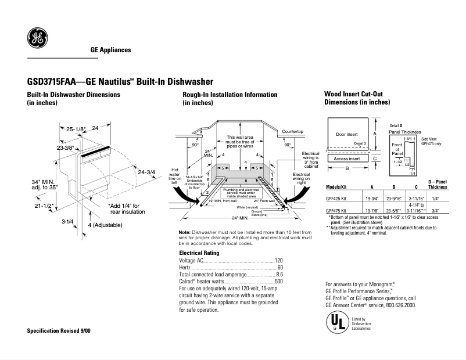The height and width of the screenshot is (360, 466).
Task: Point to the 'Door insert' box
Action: [x=347, y=135]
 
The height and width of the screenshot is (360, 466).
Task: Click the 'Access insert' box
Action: [x=347, y=158]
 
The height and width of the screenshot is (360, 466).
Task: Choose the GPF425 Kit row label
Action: [x=338, y=198]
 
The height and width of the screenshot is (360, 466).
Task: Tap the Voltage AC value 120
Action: [x=278, y=261]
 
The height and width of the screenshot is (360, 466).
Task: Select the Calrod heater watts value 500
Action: [x=278, y=282]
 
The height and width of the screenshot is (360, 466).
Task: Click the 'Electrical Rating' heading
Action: [x=199, y=253]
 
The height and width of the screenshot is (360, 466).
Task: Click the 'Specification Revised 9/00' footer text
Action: [x=59, y=330]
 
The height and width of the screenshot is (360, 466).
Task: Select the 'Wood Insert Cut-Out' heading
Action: [x=353, y=94]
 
